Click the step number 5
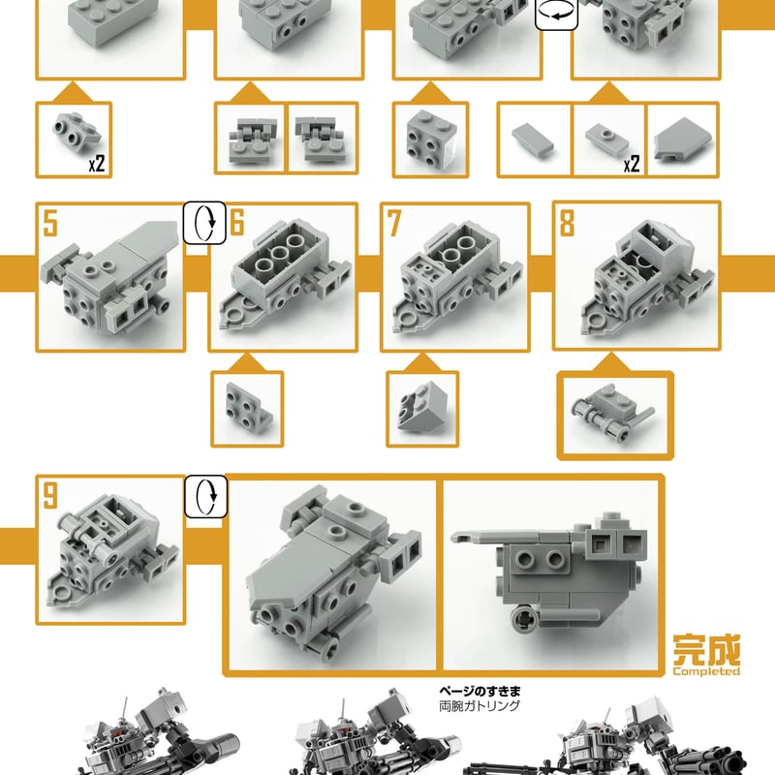tap(50, 225)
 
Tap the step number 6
tap(237, 225)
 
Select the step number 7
tap(394, 224)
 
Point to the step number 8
tap(567, 224)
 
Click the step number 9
tap(50, 497)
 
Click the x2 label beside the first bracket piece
tap(96, 164)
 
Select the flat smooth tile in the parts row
tap(534, 139)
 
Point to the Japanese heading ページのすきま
tap(480, 692)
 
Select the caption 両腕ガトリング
tap(480, 706)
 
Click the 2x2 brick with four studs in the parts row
tap(422, 139)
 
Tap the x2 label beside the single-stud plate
tap(631, 164)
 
